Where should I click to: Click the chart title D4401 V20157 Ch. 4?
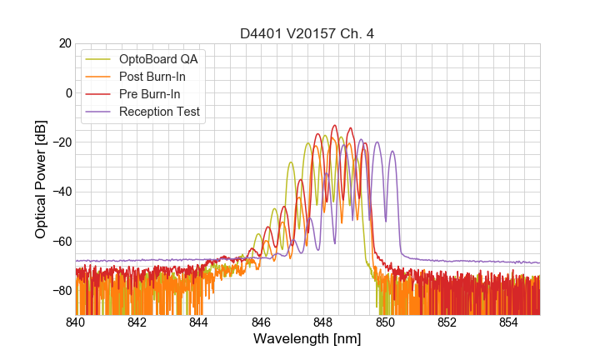(307, 33)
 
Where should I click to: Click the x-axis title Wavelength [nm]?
(307, 339)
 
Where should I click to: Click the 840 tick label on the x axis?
(76, 322)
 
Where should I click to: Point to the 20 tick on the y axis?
(63, 43)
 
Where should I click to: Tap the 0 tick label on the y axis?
(67, 92)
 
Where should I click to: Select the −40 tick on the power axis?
(60, 192)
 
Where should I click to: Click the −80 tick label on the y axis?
(60, 291)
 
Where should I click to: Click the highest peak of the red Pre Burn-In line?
(334, 126)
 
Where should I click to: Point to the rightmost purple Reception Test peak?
(392, 152)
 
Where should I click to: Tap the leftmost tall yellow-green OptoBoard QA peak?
(290, 162)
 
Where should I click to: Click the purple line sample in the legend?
(98, 112)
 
